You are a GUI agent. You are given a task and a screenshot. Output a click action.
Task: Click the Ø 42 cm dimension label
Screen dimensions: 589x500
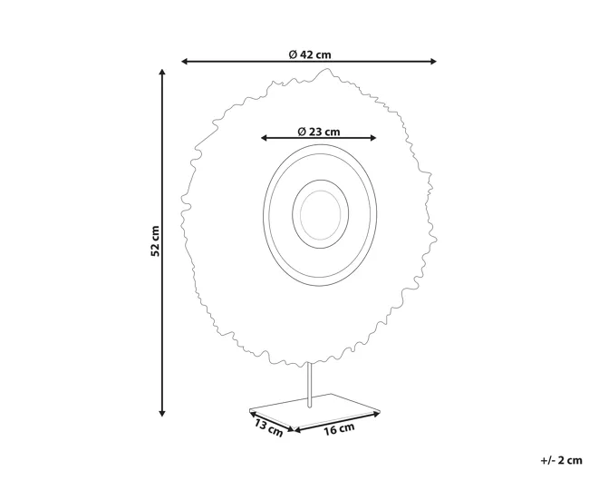pos(310,55)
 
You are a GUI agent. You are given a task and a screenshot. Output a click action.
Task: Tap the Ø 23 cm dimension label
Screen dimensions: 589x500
pos(319,132)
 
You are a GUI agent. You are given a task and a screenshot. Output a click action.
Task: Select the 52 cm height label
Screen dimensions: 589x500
pos(155,241)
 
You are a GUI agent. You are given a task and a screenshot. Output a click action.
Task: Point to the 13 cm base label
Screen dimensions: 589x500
pos(268,428)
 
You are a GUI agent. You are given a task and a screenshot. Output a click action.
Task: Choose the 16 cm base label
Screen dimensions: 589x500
pos(339,429)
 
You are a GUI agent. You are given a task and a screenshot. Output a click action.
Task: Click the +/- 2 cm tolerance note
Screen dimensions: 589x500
pos(561,460)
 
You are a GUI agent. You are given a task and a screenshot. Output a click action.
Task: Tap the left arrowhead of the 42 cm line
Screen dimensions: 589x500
pos(185,62)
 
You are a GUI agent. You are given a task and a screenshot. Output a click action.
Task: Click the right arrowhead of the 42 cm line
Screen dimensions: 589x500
pos(433,62)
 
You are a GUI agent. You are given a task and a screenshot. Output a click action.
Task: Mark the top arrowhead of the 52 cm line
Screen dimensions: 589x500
pos(162,73)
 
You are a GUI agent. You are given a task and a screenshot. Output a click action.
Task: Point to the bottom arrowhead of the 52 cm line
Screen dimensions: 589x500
pos(162,413)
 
